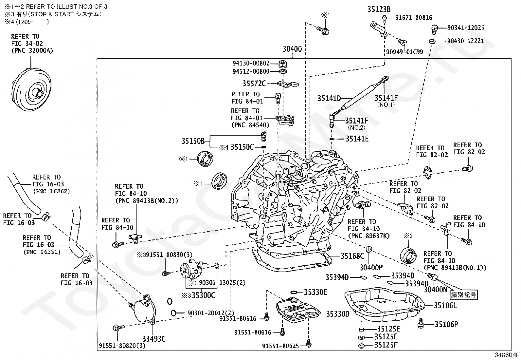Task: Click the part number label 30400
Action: pos(292,49)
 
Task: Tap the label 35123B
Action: pos(379,10)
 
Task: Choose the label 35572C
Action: pos(254,84)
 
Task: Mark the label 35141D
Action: pos(329,98)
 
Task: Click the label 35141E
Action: pos(357,139)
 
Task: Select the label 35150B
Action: pos(193,141)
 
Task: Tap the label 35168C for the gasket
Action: pos(352,256)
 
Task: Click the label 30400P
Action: pos(371,268)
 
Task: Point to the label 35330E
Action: pos(315,292)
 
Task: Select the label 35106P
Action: pos(446,325)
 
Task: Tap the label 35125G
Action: pos(386,337)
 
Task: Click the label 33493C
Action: pos(154,339)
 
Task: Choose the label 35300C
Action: pos(203,295)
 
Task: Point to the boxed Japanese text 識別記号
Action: pos(463,294)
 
